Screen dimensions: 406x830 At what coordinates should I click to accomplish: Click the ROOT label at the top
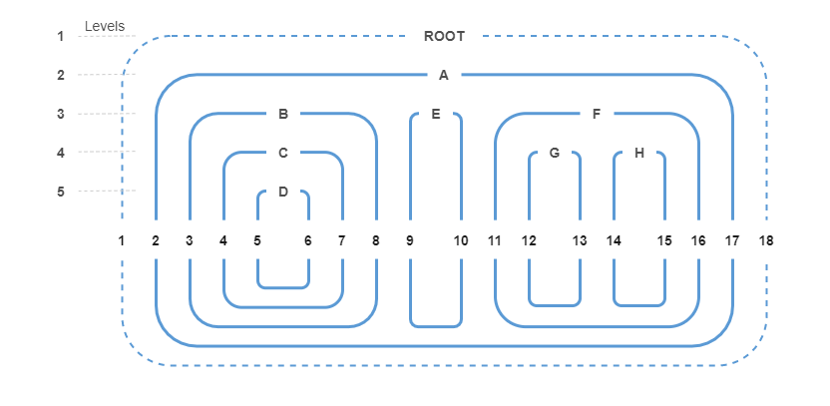(444, 36)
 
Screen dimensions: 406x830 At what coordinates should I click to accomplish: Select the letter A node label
(444, 75)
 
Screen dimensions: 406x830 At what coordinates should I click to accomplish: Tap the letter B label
(283, 114)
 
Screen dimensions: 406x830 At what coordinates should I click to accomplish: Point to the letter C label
(283, 153)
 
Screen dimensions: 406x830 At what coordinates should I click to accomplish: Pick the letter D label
(283, 192)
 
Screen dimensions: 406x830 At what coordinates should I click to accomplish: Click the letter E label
(436, 114)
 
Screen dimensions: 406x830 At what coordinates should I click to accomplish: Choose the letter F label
(597, 114)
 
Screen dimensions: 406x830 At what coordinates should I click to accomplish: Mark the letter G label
(555, 153)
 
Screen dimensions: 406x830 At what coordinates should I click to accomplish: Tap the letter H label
(639, 153)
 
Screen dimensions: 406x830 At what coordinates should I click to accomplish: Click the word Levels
(105, 26)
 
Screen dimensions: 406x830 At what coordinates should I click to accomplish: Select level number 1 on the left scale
(61, 36)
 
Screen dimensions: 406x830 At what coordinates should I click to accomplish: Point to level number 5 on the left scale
(61, 192)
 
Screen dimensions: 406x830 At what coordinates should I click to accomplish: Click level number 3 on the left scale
(61, 114)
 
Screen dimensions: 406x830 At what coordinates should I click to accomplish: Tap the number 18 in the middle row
(766, 240)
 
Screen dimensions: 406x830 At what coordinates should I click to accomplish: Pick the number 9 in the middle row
(410, 240)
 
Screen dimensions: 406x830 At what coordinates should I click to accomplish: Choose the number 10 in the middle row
(461, 240)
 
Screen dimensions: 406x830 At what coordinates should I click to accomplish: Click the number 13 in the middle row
(580, 240)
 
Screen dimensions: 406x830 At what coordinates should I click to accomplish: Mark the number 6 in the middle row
(307, 240)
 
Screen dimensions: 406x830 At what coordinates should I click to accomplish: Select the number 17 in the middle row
(732, 240)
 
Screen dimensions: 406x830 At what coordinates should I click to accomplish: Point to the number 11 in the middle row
(495, 240)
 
